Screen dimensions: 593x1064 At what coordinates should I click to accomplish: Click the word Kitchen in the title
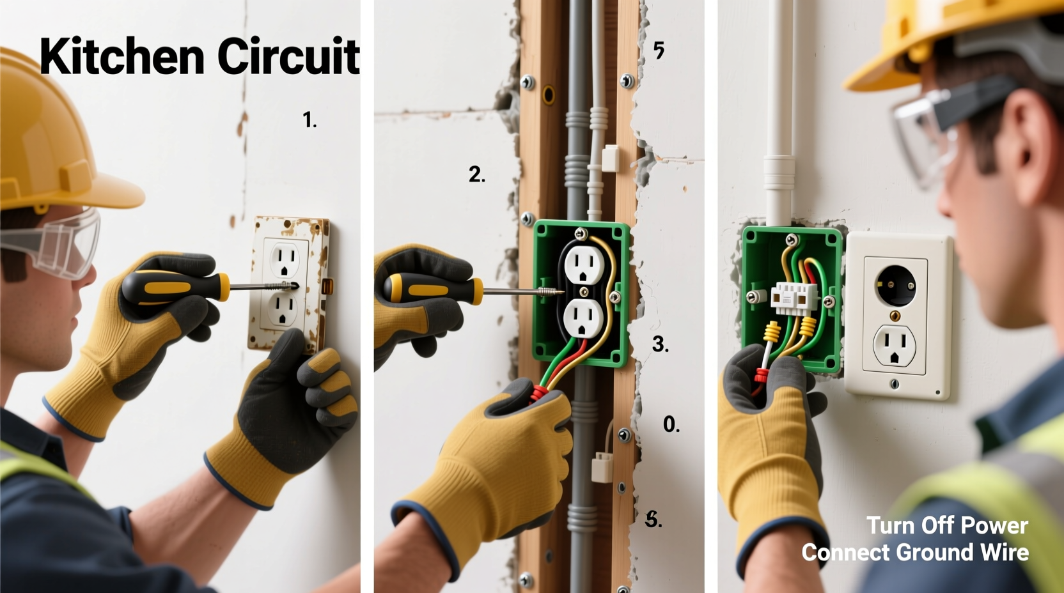(121, 57)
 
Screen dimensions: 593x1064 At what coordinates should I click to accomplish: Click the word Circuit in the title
(288, 57)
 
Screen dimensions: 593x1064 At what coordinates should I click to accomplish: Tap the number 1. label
(309, 119)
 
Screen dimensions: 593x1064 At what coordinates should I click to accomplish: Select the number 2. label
(476, 174)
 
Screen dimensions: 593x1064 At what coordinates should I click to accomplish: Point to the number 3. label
(660, 344)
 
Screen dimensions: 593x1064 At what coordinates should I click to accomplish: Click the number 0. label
(671, 424)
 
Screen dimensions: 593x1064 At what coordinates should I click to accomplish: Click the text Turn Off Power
(947, 525)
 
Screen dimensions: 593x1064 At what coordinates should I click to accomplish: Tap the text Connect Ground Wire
(915, 552)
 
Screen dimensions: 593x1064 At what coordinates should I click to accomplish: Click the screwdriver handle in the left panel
(175, 288)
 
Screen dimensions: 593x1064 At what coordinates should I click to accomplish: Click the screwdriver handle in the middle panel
(433, 289)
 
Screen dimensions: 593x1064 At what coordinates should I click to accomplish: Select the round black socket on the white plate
(895, 284)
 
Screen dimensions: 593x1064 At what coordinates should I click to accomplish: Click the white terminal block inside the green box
(794, 296)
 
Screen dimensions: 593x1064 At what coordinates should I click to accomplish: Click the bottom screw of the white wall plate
(894, 384)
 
